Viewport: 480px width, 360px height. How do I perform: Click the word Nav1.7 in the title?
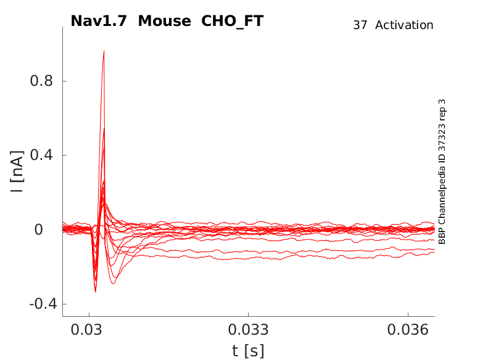tap(99, 21)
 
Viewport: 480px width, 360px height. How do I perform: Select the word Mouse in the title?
tap(165, 21)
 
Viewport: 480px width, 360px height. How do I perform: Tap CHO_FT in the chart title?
tap(233, 21)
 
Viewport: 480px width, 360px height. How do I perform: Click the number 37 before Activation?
tap(360, 25)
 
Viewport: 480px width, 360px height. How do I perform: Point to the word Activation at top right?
tap(404, 25)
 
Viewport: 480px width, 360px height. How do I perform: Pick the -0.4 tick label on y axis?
tap(38, 304)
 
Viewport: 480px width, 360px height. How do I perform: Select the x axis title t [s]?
tap(248, 351)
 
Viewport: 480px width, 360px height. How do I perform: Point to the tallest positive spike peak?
tap(104, 51)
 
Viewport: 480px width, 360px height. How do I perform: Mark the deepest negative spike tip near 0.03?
tap(95, 291)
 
